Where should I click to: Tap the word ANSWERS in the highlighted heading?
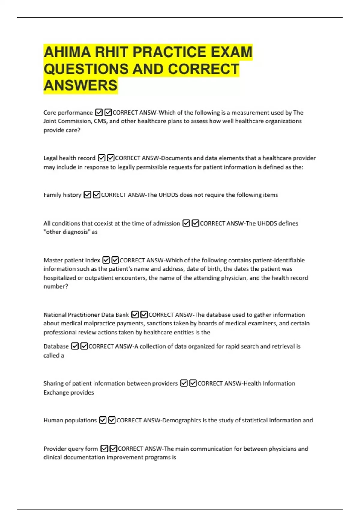click(80, 85)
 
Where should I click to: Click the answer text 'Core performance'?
click(68, 112)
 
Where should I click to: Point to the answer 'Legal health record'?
click(69, 158)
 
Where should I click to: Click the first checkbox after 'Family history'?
click(87, 195)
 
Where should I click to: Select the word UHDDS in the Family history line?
click(168, 195)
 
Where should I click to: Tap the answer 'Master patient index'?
click(72, 260)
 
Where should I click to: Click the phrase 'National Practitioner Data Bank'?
click(86, 315)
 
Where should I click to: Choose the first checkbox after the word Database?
click(75, 346)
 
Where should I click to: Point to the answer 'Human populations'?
click(70, 420)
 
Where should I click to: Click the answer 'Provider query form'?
click(71, 449)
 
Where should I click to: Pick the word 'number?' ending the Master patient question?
click(56, 286)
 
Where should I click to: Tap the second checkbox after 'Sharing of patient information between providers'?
click(193, 383)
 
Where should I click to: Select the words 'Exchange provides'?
click(69, 392)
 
